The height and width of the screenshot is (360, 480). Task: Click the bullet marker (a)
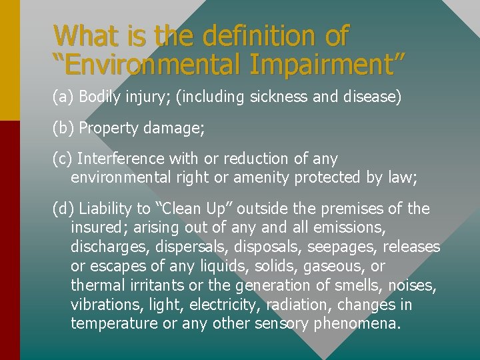pyautogui.click(x=63, y=97)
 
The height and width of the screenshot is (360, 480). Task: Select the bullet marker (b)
pyautogui.click(x=63, y=128)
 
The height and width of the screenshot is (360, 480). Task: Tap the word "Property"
pyautogui.click(x=109, y=128)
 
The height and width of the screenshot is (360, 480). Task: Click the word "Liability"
pyautogui.click(x=107, y=209)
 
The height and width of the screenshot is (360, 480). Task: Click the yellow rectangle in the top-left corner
pyautogui.click(x=10, y=60)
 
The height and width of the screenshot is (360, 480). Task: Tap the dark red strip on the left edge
pyautogui.click(x=10, y=240)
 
